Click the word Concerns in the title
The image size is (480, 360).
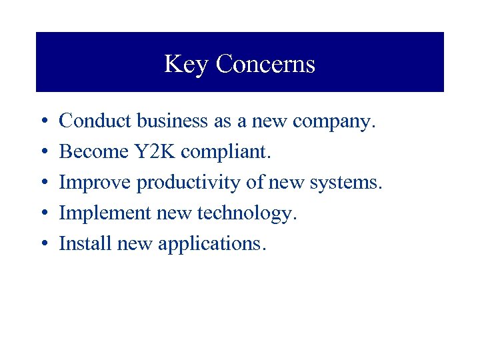pos(265,64)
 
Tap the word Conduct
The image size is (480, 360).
pos(96,121)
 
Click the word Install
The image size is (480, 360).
pos(85,244)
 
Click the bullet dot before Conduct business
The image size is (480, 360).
pos(42,122)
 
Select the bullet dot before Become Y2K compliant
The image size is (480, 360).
pos(42,153)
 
